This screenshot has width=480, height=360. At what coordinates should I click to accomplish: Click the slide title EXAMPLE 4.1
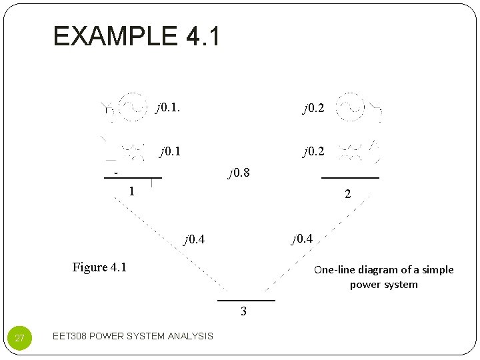(137, 36)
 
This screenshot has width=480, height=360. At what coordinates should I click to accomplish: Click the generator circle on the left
(133, 107)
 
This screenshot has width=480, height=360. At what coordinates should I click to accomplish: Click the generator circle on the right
(350, 107)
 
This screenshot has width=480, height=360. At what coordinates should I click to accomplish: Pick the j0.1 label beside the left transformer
(170, 151)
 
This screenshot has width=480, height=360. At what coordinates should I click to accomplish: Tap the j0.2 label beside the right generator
(313, 108)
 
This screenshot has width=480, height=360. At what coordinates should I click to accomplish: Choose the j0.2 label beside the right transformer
(313, 151)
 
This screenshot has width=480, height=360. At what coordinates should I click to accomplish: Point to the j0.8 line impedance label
(239, 173)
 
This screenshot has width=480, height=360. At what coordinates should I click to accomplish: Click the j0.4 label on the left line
(194, 239)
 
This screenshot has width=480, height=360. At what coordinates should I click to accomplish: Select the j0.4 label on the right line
(301, 238)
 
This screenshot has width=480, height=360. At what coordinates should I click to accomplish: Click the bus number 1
(132, 191)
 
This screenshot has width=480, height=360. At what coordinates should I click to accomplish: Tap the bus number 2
(347, 194)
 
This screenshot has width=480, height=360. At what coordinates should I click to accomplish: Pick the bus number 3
(243, 311)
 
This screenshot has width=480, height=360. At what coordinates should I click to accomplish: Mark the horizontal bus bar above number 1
(133, 178)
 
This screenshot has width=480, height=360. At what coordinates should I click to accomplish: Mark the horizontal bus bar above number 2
(350, 178)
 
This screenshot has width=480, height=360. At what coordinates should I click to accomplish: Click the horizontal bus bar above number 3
(250, 301)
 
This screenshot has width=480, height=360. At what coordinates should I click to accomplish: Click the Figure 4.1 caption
(99, 267)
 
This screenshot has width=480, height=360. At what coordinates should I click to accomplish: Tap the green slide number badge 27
(19, 338)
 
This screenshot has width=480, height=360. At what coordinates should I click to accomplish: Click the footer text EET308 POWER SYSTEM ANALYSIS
(133, 336)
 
